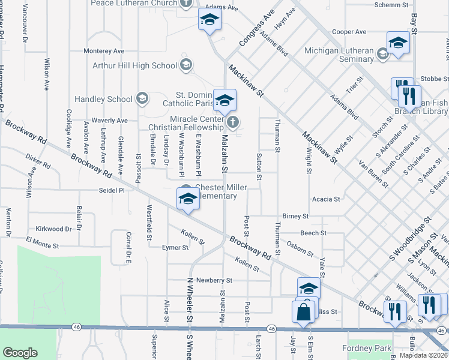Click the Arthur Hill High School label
(135, 65)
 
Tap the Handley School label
(104, 99)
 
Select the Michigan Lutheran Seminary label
(339, 55)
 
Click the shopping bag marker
(303, 312)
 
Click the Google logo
(20, 353)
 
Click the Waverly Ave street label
(109, 121)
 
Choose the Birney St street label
(295, 216)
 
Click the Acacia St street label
(326, 199)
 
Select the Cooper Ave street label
(349, 32)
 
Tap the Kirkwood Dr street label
(53, 229)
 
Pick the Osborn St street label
(300, 248)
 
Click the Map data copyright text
(423, 355)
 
